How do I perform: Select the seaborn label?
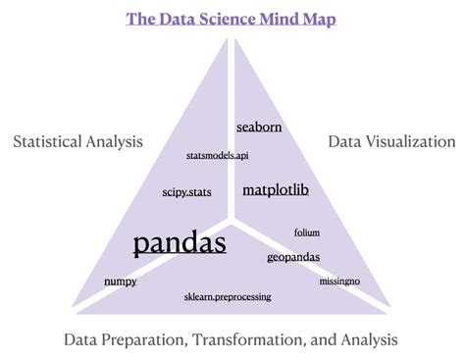point(259,127)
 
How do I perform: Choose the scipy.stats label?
point(186,193)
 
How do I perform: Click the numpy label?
point(120,282)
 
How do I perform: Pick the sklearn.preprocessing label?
point(227,296)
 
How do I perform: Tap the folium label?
point(307,232)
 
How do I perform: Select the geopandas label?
point(292,257)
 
